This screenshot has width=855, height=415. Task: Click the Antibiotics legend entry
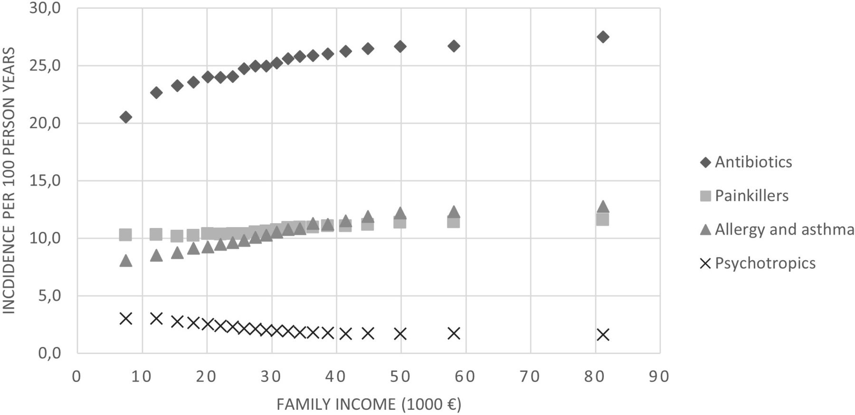pos(746,162)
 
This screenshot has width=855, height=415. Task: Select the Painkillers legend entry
pos(744,196)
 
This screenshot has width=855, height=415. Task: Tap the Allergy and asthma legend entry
pos(777,229)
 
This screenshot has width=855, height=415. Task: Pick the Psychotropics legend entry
pos(758,263)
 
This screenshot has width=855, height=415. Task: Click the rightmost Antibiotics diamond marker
pos(603,37)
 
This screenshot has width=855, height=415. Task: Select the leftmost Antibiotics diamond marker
pos(126,117)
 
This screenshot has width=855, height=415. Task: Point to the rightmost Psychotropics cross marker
pos(603,335)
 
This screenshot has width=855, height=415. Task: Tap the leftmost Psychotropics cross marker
pos(126,319)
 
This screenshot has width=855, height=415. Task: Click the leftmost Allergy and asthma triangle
pos(126,260)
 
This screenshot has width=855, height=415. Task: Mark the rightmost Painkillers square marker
pos(603,219)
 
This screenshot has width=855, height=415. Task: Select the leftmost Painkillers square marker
pos(125,235)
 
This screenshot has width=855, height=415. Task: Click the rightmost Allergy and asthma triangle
pos(603,207)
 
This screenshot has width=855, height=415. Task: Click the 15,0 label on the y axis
pos(46,181)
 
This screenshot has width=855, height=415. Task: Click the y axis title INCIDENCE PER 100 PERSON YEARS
pos(9,180)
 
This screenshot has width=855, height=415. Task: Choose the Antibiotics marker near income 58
pos(454,46)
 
